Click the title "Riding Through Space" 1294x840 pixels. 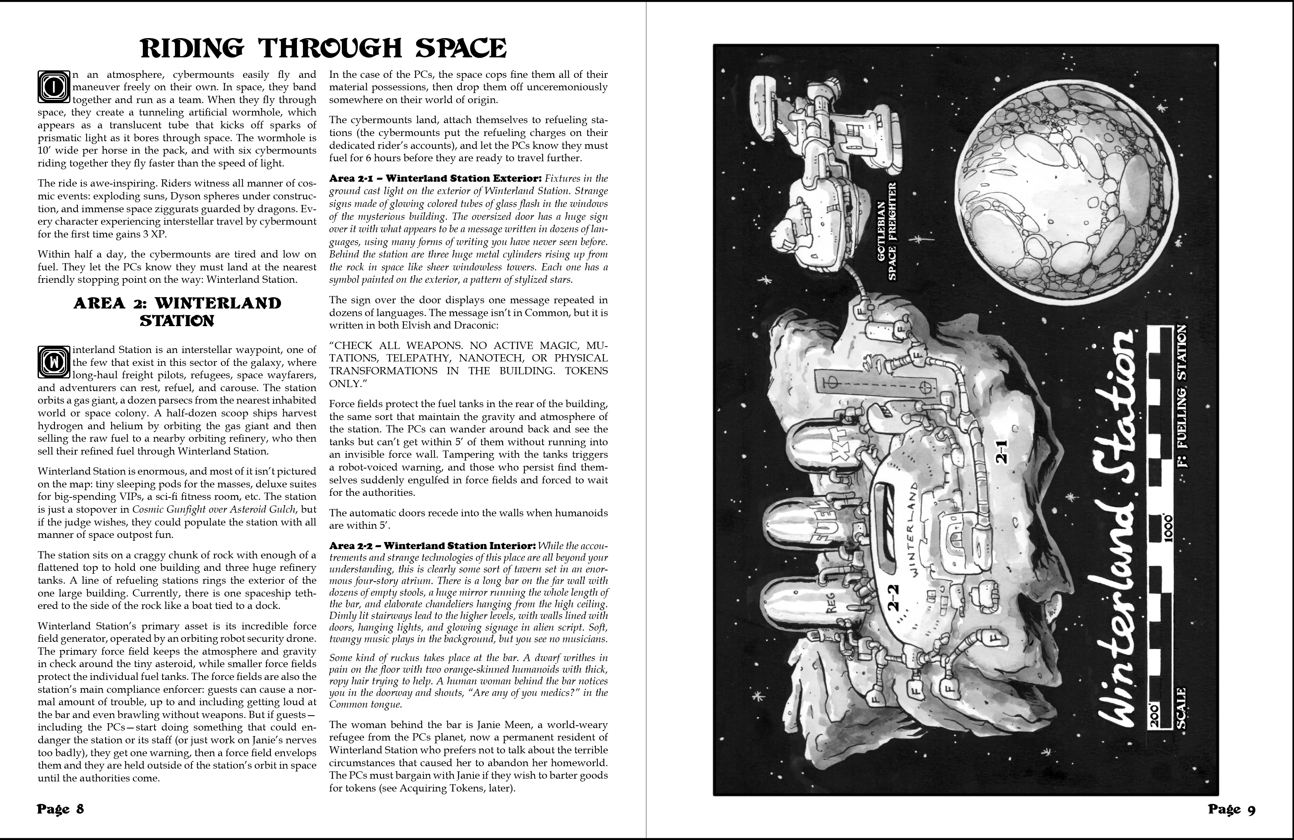pyautogui.click(x=323, y=49)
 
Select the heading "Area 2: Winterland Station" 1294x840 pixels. pyautogui.click(x=177, y=312)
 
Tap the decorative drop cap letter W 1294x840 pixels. pyautogui.click(x=53, y=361)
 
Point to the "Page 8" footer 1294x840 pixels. pyautogui.click(x=60, y=809)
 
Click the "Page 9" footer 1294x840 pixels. pyautogui.click(x=1231, y=810)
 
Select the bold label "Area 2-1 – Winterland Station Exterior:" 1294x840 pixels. pyautogui.click(x=435, y=179)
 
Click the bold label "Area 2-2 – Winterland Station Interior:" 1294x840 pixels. pyautogui.click(x=432, y=546)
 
